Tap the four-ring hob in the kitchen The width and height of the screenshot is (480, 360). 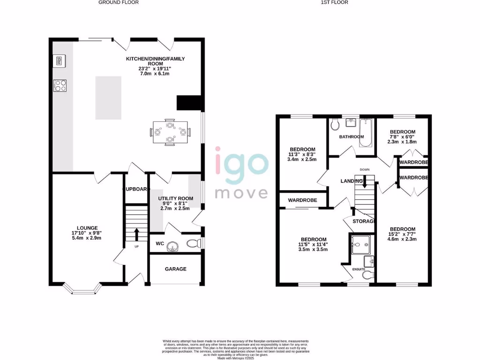(x=60, y=85)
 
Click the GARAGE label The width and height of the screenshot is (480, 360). (x=175, y=269)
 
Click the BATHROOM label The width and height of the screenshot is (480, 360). (x=352, y=137)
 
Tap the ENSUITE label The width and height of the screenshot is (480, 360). (x=360, y=270)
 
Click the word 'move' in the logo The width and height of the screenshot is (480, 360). (x=241, y=193)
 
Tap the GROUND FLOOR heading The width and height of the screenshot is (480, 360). (x=119, y=2)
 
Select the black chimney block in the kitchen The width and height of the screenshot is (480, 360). (x=188, y=102)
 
